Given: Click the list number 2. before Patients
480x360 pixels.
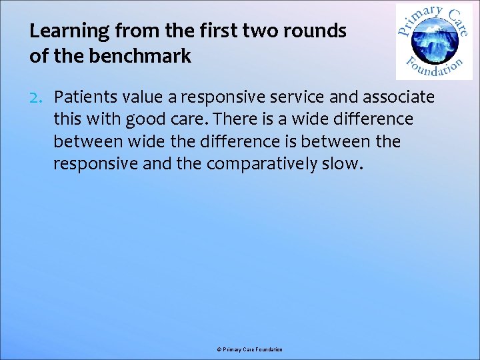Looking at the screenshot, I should click(x=38, y=98).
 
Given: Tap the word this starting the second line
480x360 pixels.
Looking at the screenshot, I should click(x=67, y=120).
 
